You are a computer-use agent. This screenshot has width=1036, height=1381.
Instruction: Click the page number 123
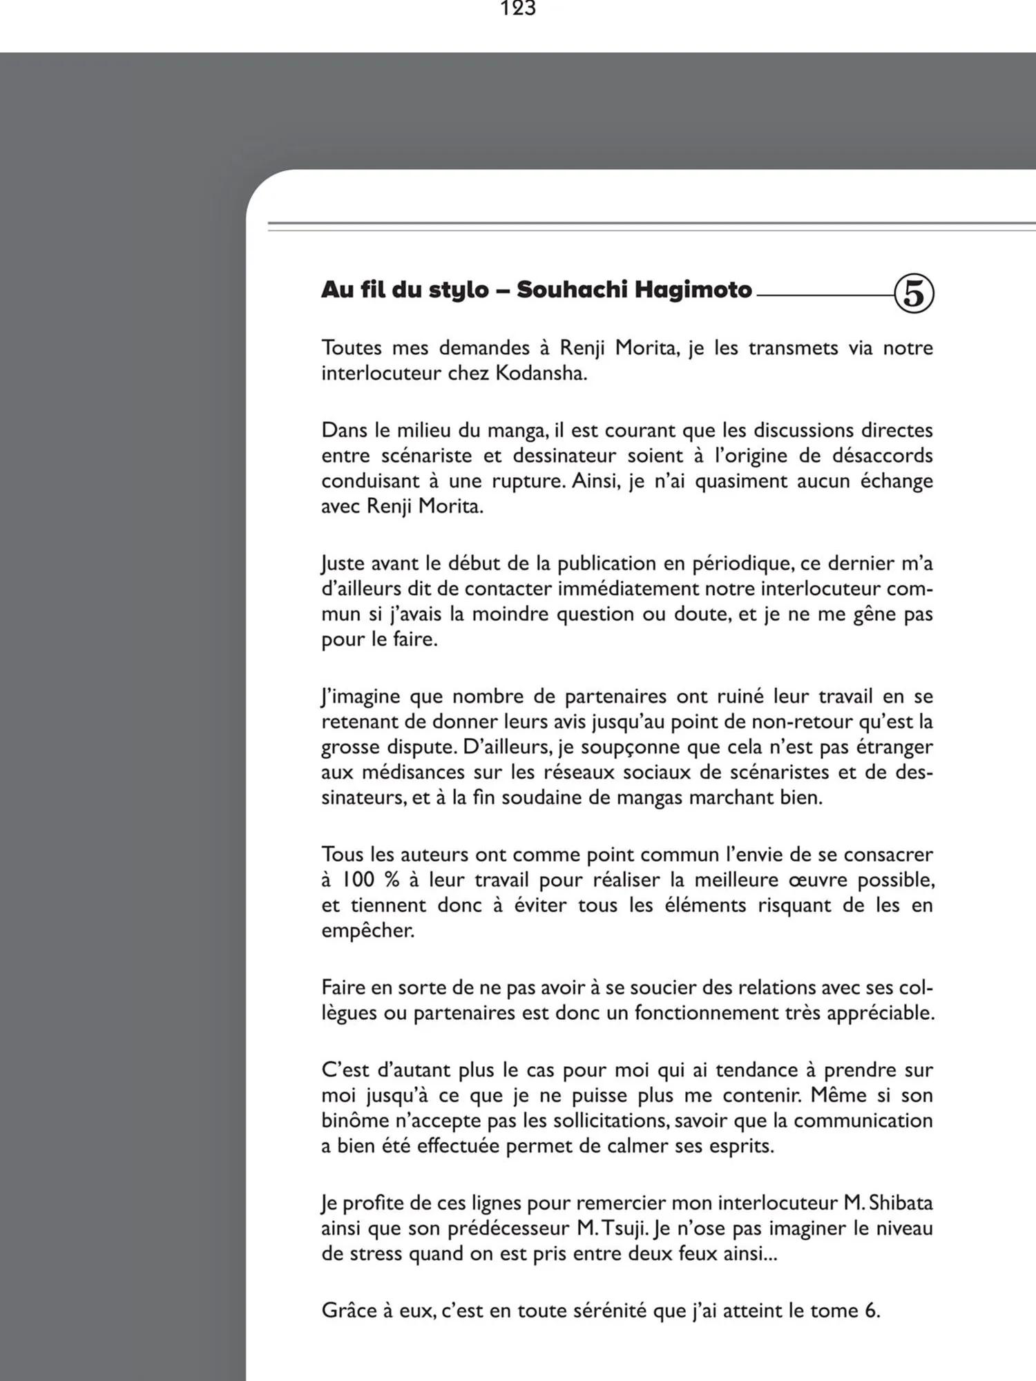[518, 8]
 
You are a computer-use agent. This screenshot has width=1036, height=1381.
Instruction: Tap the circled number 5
[914, 293]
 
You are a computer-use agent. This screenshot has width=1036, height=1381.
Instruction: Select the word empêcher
[367, 931]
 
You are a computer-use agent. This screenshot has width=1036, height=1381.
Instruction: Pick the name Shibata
[901, 1203]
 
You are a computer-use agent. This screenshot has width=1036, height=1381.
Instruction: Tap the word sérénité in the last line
[603, 1311]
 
